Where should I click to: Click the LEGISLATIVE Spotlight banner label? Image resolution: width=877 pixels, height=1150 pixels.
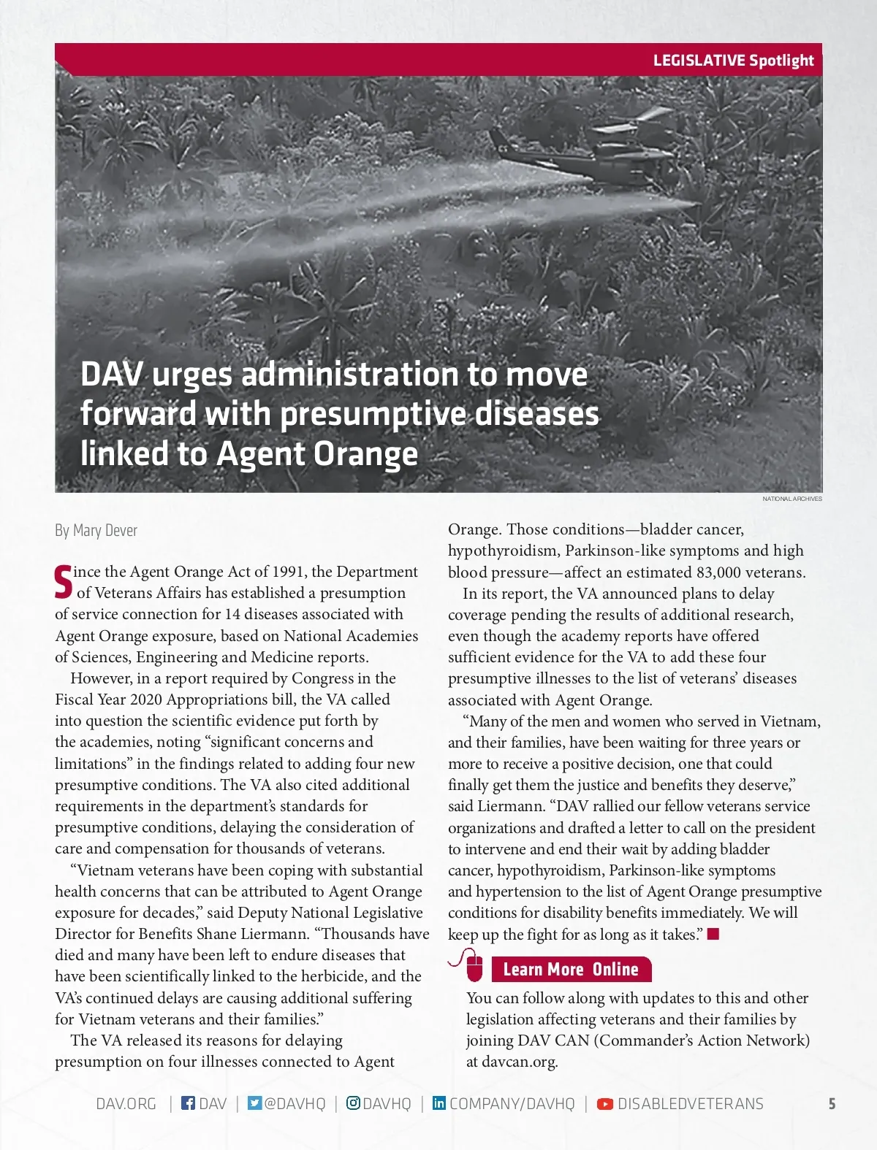[733, 61]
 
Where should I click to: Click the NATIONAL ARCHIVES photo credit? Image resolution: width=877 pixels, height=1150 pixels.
[791, 499]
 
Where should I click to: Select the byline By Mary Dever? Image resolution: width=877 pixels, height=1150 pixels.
[96, 530]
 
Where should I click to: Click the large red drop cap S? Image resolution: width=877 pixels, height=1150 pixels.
[64, 581]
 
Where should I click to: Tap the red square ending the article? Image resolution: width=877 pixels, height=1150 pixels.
[713, 933]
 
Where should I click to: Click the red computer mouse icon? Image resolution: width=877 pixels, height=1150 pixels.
[474, 967]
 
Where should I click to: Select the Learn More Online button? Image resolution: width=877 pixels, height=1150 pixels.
[571, 969]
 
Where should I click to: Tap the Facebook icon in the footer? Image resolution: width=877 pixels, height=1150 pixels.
[188, 1103]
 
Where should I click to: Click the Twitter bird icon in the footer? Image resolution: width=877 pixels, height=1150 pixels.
[254, 1103]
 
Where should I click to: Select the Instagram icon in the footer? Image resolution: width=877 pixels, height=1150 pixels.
[353, 1103]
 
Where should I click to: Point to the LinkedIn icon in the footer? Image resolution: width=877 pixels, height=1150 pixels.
[438, 1103]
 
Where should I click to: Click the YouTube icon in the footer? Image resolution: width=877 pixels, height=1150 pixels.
[605, 1103]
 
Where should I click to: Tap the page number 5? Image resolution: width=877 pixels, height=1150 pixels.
[832, 1103]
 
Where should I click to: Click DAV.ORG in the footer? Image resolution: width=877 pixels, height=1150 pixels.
[126, 1103]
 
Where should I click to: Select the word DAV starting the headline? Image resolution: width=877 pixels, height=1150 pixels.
[111, 375]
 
